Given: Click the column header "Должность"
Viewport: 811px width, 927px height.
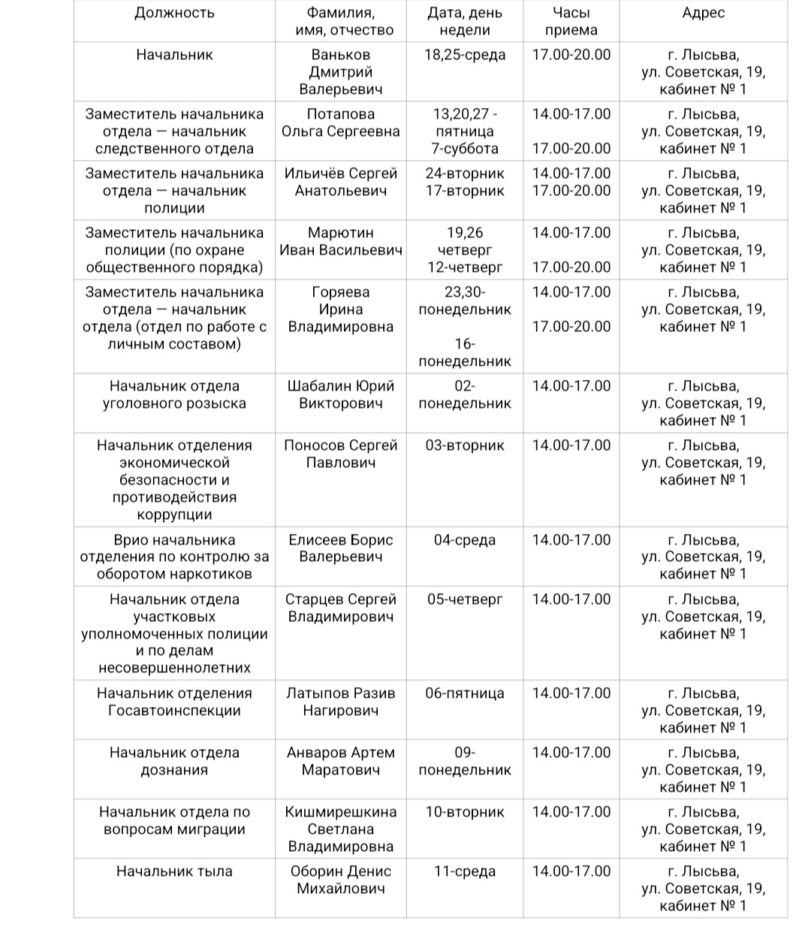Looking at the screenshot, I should coord(174,13).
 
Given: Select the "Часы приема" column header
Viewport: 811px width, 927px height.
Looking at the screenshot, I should coord(571,21).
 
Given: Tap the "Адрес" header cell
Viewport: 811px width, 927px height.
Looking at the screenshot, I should coord(703,13).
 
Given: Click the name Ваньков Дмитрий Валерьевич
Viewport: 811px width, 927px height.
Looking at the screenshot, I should coord(341,72).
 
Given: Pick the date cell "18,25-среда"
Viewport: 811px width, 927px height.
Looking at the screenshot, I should coord(465,55).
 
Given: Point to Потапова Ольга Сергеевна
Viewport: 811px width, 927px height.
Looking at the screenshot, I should coord(341,123).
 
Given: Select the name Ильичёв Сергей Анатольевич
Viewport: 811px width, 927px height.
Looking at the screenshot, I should coord(341,182).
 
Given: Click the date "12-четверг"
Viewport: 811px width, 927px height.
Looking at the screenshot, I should coord(465,267).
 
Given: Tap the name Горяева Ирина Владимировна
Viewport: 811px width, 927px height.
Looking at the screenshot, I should coord(341,310).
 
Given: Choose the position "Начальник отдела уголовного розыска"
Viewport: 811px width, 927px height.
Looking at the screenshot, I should coord(174,395).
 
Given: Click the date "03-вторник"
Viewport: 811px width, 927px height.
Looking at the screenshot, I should coord(465,445).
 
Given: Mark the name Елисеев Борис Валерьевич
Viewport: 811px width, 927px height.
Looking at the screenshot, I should coord(341,548).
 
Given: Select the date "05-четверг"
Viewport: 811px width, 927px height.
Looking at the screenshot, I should coord(465,599).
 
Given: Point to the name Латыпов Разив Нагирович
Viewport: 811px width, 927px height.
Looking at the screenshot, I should coord(341,702).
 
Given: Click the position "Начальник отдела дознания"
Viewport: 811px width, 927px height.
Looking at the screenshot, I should coord(174,761).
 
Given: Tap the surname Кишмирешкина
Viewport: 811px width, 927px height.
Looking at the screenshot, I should coord(341,812).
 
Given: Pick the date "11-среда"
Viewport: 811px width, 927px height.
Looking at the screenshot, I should coord(465,871).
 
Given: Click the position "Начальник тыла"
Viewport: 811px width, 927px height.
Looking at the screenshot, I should coord(174,871).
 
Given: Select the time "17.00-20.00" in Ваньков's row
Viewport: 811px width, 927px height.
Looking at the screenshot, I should coord(571,55).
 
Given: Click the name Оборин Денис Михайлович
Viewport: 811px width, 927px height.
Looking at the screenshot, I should coord(341,880).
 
